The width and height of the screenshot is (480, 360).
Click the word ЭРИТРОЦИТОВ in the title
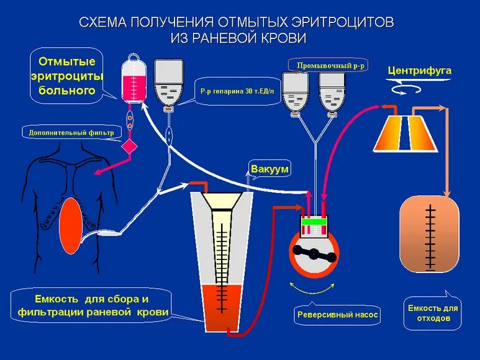[333, 22]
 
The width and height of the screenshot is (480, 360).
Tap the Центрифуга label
[419, 70]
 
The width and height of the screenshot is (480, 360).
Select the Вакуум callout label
[269, 169]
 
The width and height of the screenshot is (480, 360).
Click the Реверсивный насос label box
[337, 315]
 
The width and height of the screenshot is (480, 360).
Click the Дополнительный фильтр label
[71, 132]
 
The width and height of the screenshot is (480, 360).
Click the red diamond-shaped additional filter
[130, 147]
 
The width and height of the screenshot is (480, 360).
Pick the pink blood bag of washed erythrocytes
[132, 80]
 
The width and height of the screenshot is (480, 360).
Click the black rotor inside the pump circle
[314, 254]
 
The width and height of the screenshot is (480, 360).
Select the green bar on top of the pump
[315, 221]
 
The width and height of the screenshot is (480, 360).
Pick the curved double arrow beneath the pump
[314, 289]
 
